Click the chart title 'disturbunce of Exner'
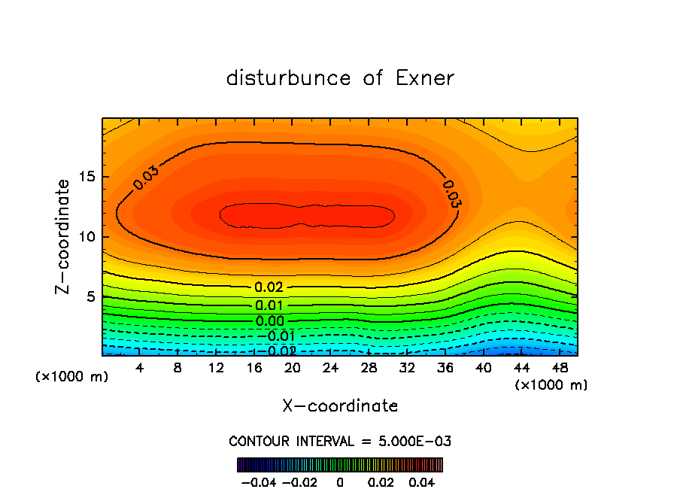click(340, 78)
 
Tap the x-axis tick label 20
click(292, 368)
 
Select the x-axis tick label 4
click(140, 368)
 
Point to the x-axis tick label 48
click(560, 368)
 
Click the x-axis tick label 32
click(407, 368)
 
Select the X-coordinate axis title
click(340, 405)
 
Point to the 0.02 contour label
click(269, 287)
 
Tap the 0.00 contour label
click(269, 321)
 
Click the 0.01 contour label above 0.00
click(269, 305)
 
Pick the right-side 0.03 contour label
click(451, 193)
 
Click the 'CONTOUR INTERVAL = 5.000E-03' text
click(340, 441)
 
